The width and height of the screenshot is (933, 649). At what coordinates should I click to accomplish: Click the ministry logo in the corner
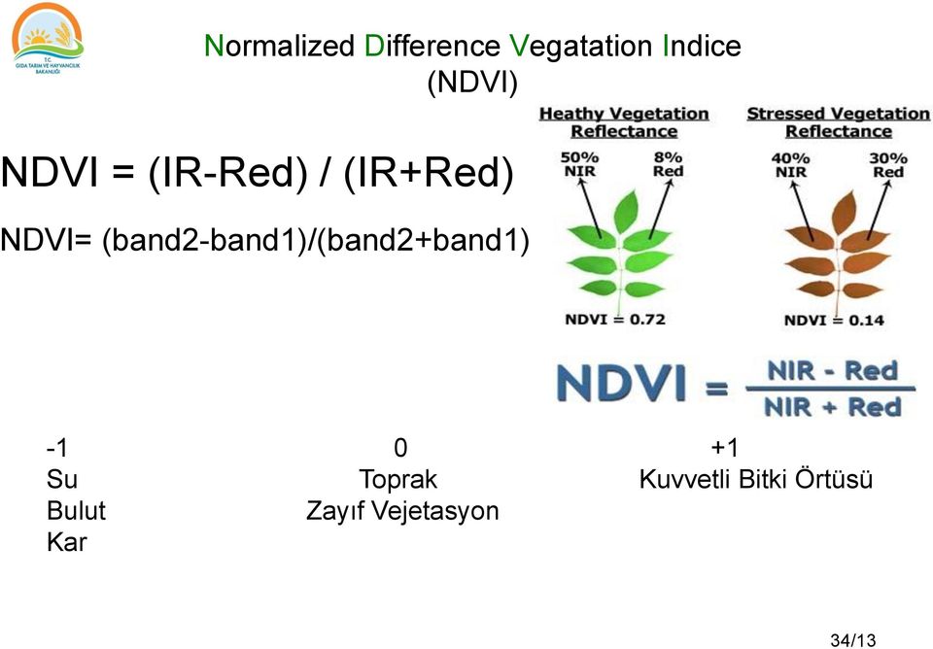pos(48,39)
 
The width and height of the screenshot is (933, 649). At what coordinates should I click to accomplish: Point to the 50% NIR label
pos(580,164)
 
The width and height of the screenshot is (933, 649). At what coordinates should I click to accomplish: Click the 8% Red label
pos(668,164)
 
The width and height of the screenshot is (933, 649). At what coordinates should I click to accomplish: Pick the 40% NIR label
pos(790,164)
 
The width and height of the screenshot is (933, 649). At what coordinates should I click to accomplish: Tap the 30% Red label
pos(888,164)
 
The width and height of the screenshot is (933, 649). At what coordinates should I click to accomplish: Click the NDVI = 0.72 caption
pos(615,320)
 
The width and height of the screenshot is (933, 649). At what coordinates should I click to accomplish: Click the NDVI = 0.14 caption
pos(834,320)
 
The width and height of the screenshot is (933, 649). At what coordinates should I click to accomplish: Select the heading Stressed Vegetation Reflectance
pos(838,122)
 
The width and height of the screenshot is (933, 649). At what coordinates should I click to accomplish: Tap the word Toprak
pos(397,480)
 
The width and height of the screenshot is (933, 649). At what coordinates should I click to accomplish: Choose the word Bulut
pos(76,511)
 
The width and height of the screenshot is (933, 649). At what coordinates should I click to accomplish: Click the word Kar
pos(66,542)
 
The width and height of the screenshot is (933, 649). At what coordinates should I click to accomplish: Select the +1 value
pos(724,448)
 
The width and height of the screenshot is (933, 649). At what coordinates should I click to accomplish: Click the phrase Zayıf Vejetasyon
pos(402,511)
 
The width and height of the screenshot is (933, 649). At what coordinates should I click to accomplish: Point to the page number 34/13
pos(852,639)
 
